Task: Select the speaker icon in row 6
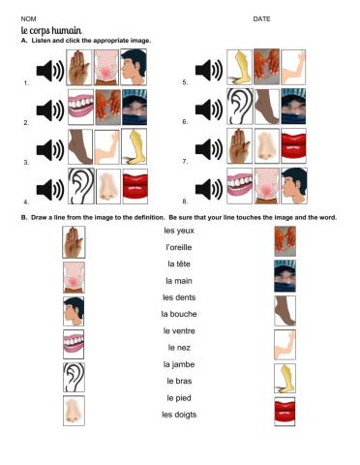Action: pyautogui.click(x=209, y=109)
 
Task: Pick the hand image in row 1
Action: pyautogui.click(x=80, y=70)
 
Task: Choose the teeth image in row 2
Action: pyautogui.click(x=80, y=109)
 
